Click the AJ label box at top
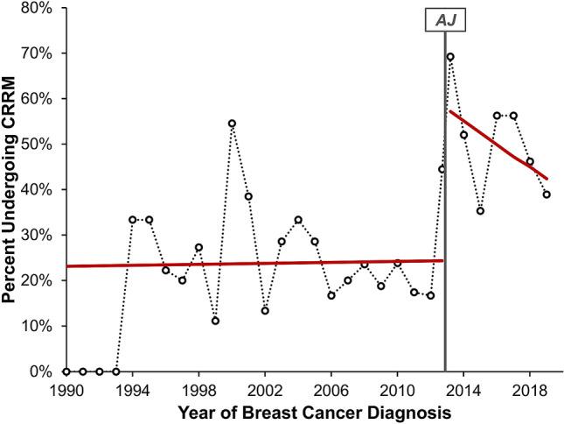click(x=445, y=18)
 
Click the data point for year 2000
click(x=232, y=124)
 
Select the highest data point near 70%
click(x=450, y=57)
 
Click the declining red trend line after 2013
click(x=498, y=148)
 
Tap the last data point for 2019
click(x=547, y=194)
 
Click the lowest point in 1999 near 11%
click(x=215, y=321)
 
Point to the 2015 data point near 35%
click(x=480, y=211)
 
